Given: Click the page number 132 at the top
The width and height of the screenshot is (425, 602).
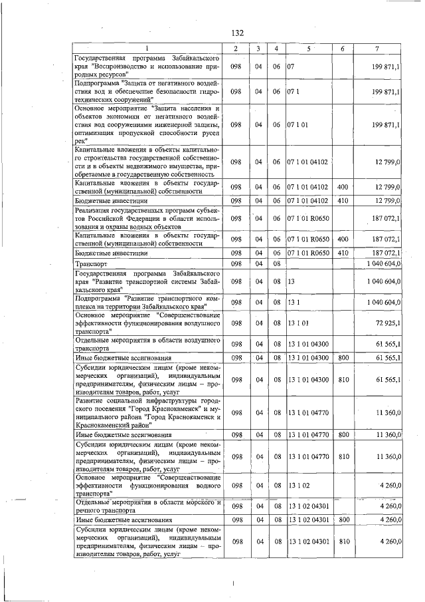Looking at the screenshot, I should (238, 33).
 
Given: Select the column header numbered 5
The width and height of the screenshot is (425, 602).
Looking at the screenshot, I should (308, 50).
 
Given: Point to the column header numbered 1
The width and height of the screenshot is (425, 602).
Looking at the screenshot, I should (147, 50).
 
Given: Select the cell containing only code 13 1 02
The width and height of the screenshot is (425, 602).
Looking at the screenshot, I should (296, 487).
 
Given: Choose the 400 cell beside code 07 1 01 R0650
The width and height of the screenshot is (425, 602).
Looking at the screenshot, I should (343, 238).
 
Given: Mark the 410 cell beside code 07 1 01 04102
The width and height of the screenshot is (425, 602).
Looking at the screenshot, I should (343, 200).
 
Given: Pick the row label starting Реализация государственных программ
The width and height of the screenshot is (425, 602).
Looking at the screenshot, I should (147, 218).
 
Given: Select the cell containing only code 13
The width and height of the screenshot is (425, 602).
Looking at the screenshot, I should (292, 282).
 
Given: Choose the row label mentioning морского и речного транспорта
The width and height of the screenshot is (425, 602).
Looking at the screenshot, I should (147, 506).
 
